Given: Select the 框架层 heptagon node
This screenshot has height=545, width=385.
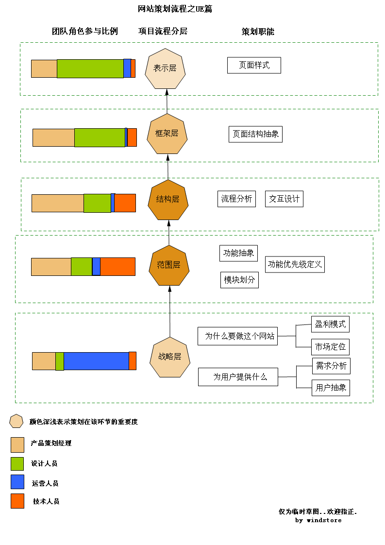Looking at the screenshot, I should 167,134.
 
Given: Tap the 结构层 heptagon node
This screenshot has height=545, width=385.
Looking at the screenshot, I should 168,199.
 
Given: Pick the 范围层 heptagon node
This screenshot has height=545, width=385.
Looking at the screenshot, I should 169,265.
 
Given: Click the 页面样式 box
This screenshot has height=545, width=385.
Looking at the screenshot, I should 254,65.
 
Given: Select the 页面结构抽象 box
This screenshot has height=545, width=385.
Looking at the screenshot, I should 255,134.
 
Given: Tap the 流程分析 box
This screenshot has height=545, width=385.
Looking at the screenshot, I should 236,199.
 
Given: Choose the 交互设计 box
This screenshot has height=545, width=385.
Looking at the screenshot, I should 284,199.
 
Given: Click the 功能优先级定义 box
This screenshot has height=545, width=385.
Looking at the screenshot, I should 295,265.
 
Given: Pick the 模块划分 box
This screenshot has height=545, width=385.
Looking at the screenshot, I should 239,280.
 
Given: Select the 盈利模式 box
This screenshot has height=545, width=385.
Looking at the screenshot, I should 330,324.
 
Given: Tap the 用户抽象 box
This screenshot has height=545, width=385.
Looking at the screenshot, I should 331,388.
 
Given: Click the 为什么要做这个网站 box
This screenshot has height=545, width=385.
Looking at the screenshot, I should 237,336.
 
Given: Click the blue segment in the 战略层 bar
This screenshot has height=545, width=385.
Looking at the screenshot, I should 96,361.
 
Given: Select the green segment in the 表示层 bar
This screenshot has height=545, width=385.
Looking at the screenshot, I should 90,68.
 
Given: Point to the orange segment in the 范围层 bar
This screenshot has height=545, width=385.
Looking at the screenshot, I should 117,267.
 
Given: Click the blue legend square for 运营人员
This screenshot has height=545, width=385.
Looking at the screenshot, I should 17,482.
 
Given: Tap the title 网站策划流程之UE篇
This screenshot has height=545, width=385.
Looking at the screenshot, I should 175,9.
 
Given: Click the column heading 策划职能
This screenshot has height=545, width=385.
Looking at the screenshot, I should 258,32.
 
